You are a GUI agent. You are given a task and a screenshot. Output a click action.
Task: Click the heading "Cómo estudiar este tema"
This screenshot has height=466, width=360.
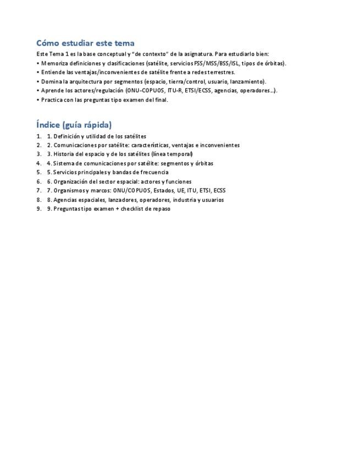click(85, 43)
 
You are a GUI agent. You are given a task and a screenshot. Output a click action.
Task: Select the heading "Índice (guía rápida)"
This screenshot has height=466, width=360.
click(74, 125)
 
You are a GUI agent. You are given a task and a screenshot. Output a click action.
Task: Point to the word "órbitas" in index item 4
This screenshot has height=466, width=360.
click(204, 163)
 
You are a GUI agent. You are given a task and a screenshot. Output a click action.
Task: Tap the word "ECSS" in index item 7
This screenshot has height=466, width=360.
click(219, 190)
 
